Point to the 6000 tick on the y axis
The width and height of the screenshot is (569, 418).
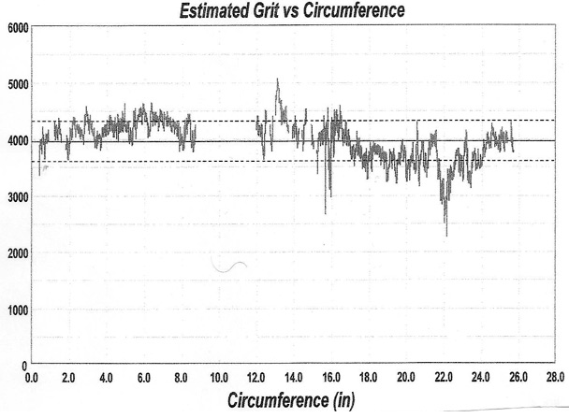tap(17, 28)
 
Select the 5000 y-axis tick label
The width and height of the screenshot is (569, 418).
tap(17, 84)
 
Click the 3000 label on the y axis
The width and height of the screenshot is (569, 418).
tap(17, 197)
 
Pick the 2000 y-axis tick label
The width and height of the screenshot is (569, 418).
tap(17, 253)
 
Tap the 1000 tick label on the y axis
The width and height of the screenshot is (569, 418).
tap(17, 310)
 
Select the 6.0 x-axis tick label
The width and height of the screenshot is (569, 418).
tap(143, 378)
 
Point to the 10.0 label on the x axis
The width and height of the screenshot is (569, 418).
tap(219, 378)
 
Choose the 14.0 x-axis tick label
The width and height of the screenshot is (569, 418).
tap(294, 378)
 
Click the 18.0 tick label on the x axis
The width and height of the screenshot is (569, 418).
tap(369, 378)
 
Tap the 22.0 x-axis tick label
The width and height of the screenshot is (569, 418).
tap(444, 378)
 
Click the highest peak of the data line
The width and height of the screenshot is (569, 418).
tap(277, 80)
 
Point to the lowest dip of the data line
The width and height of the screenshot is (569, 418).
tap(445, 235)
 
